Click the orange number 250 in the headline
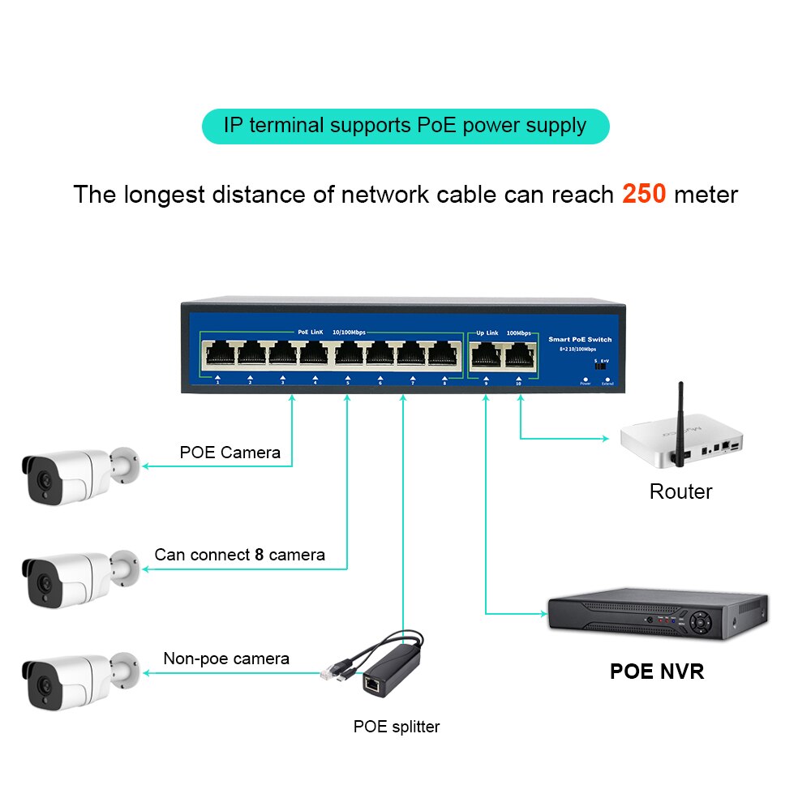click(x=644, y=195)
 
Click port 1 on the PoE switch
click(x=218, y=354)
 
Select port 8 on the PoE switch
click(x=444, y=354)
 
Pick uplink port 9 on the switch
click(x=486, y=354)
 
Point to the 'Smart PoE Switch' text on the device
click(x=580, y=339)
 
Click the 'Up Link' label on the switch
click(x=487, y=333)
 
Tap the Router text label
click(x=680, y=491)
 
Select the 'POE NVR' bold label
click(x=657, y=672)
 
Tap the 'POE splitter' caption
click(x=397, y=727)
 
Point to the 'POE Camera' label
click(x=230, y=453)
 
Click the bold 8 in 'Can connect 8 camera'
click(x=260, y=555)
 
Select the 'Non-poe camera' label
click(x=226, y=659)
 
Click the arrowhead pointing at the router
click(x=604, y=439)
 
